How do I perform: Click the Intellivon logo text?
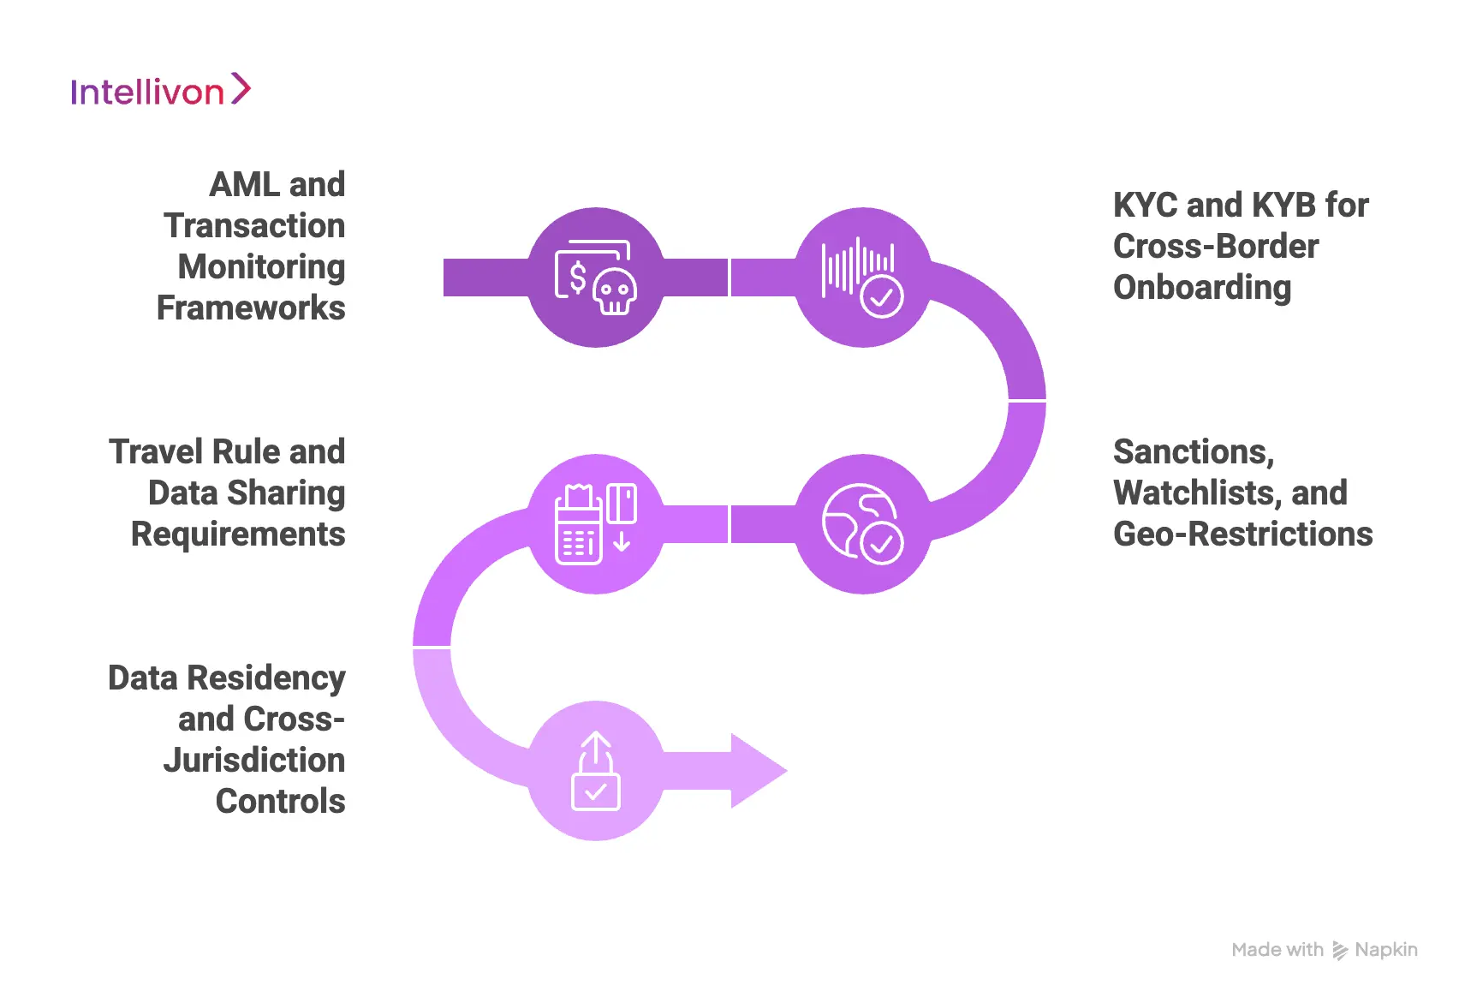pos(146,93)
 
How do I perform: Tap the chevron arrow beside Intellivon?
pos(241,89)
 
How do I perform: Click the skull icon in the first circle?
pos(615,292)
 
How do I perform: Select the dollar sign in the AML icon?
pos(578,277)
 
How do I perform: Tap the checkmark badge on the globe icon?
pos(881,544)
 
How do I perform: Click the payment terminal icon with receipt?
pos(579,524)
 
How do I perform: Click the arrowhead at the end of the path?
pos(758,771)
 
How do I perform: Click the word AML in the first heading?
pos(243,185)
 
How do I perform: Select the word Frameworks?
pos(251,308)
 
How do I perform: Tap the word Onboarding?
pos(1201,288)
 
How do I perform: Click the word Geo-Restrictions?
pos(1242,534)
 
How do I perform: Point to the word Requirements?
pos(238,534)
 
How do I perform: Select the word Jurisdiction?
pos(254,761)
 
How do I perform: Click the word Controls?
pos(281,802)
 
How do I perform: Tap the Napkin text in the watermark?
pos(1385,950)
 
